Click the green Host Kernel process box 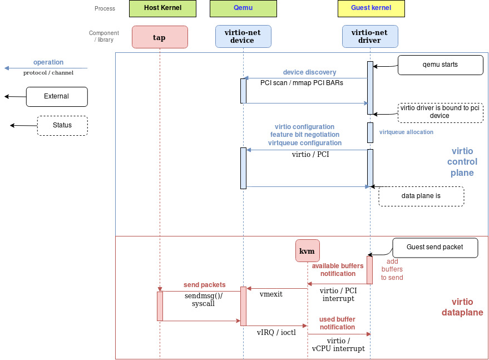[155, 8]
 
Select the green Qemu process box [236, 8]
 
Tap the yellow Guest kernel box [371, 8]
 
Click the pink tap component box [160, 37]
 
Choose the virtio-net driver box [370, 37]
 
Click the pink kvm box [307, 251]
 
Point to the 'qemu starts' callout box [440, 65]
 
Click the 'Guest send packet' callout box [435, 248]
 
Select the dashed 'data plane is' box [421, 196]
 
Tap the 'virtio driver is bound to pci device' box [439, 112]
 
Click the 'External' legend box [57, 96]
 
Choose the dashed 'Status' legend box [62, 125]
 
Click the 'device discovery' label [309, 72]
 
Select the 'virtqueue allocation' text [406, 132]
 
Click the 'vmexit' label [271, 294]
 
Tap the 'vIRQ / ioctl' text [276, 332]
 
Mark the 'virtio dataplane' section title [462, 307]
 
